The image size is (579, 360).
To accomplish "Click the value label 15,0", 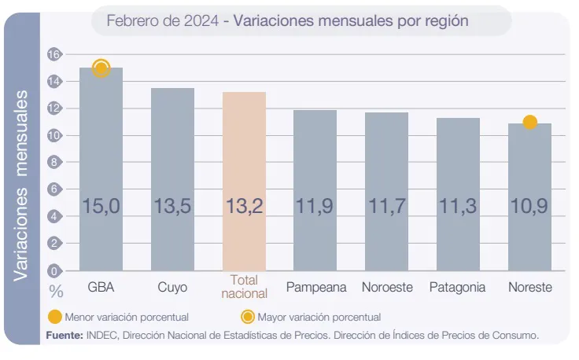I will [101, 207].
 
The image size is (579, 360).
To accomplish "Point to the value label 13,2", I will [244, 207].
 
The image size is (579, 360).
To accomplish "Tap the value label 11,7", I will [386, 207].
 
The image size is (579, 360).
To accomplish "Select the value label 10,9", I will [529, 207].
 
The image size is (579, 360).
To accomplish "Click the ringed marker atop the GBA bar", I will [101, 68].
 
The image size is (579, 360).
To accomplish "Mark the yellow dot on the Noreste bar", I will [529, 123].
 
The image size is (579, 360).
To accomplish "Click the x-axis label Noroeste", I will [387, 287].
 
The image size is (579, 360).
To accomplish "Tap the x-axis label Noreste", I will [529, 287].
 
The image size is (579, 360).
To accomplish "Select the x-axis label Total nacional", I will [245, 287].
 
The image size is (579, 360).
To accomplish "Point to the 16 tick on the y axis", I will [54, 54].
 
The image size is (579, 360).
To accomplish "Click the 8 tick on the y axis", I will [54, 163].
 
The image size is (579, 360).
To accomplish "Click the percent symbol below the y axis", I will [55, 290].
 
